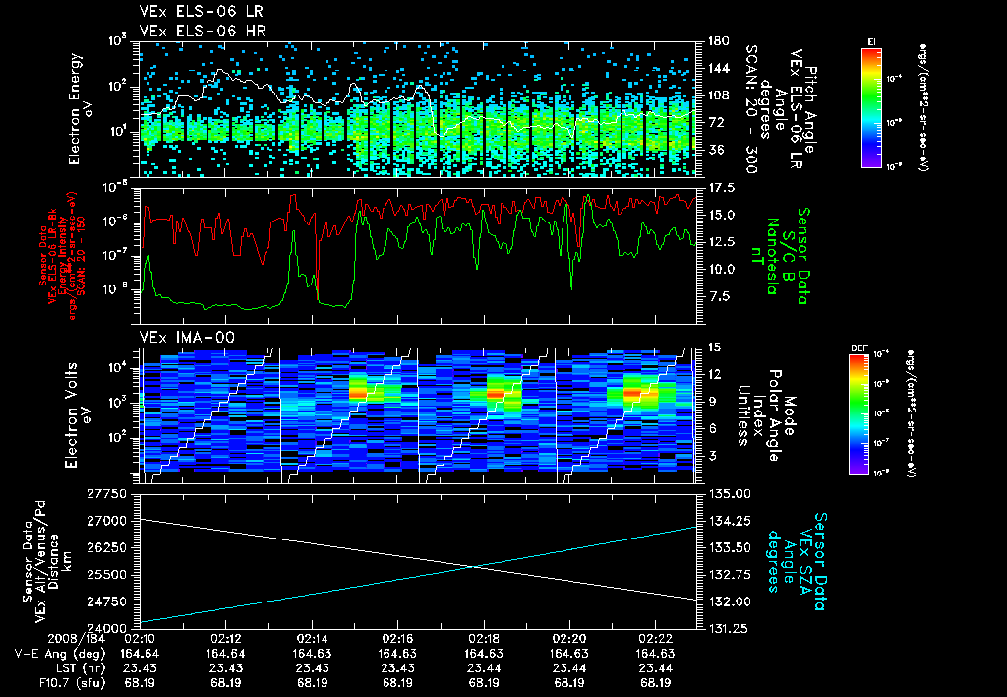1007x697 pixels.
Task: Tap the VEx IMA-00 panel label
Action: [x=179, y=337]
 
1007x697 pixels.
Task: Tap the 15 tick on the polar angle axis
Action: [x=712, y=347]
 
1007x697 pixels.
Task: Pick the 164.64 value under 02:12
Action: [x=226, y=653]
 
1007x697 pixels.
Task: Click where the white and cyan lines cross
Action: [x=475, y=566]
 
